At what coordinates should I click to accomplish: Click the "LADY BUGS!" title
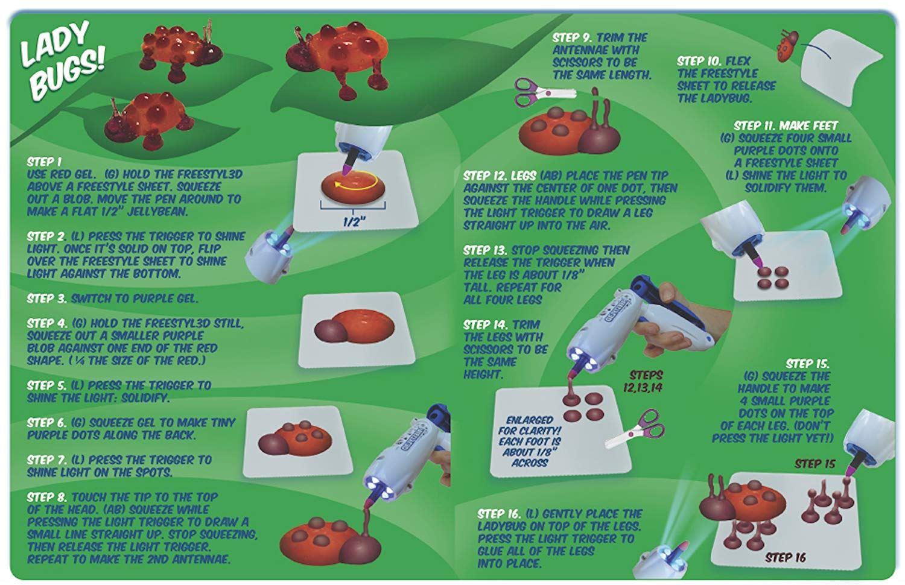63,60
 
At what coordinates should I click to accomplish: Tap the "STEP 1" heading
44,162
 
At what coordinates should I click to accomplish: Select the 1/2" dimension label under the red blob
354,222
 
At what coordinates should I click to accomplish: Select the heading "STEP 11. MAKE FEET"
786,125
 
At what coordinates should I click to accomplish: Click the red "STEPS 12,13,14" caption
643,381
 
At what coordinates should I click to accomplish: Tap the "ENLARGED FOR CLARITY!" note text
530,425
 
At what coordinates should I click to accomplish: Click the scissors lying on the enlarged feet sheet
634,429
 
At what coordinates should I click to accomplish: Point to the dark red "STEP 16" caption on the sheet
786,558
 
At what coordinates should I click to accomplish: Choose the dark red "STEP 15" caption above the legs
815,464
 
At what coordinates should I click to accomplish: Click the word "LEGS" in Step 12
524,175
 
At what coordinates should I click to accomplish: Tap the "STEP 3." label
47,299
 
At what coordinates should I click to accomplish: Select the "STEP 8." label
47,497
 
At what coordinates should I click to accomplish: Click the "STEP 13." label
485,250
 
